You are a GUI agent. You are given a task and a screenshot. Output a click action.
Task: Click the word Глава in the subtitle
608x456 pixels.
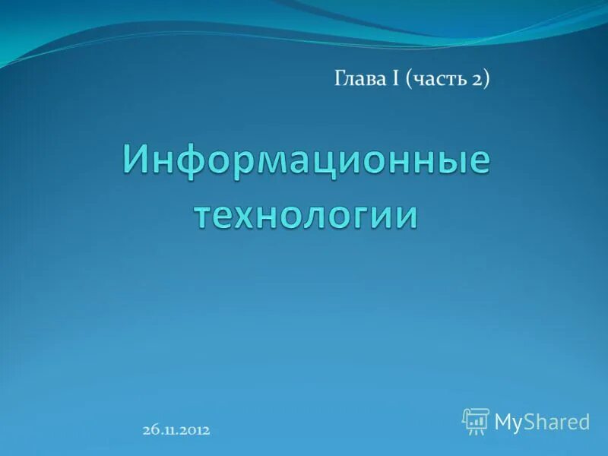click(361, 78)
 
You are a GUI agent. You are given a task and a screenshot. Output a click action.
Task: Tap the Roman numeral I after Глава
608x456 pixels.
click(396, 78)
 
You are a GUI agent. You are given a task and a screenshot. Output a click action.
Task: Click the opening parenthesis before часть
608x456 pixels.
click(410, 79)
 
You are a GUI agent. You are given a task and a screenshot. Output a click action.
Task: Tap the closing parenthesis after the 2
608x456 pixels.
click(486, 79)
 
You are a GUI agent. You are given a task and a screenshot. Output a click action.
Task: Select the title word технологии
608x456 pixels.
click(306, 215)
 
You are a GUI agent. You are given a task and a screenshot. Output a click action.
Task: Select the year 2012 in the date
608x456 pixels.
click(194, 430)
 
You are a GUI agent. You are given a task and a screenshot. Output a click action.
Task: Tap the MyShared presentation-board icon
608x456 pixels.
click(476, 421)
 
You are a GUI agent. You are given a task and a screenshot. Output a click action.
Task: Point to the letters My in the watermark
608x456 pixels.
click(508, 423)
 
